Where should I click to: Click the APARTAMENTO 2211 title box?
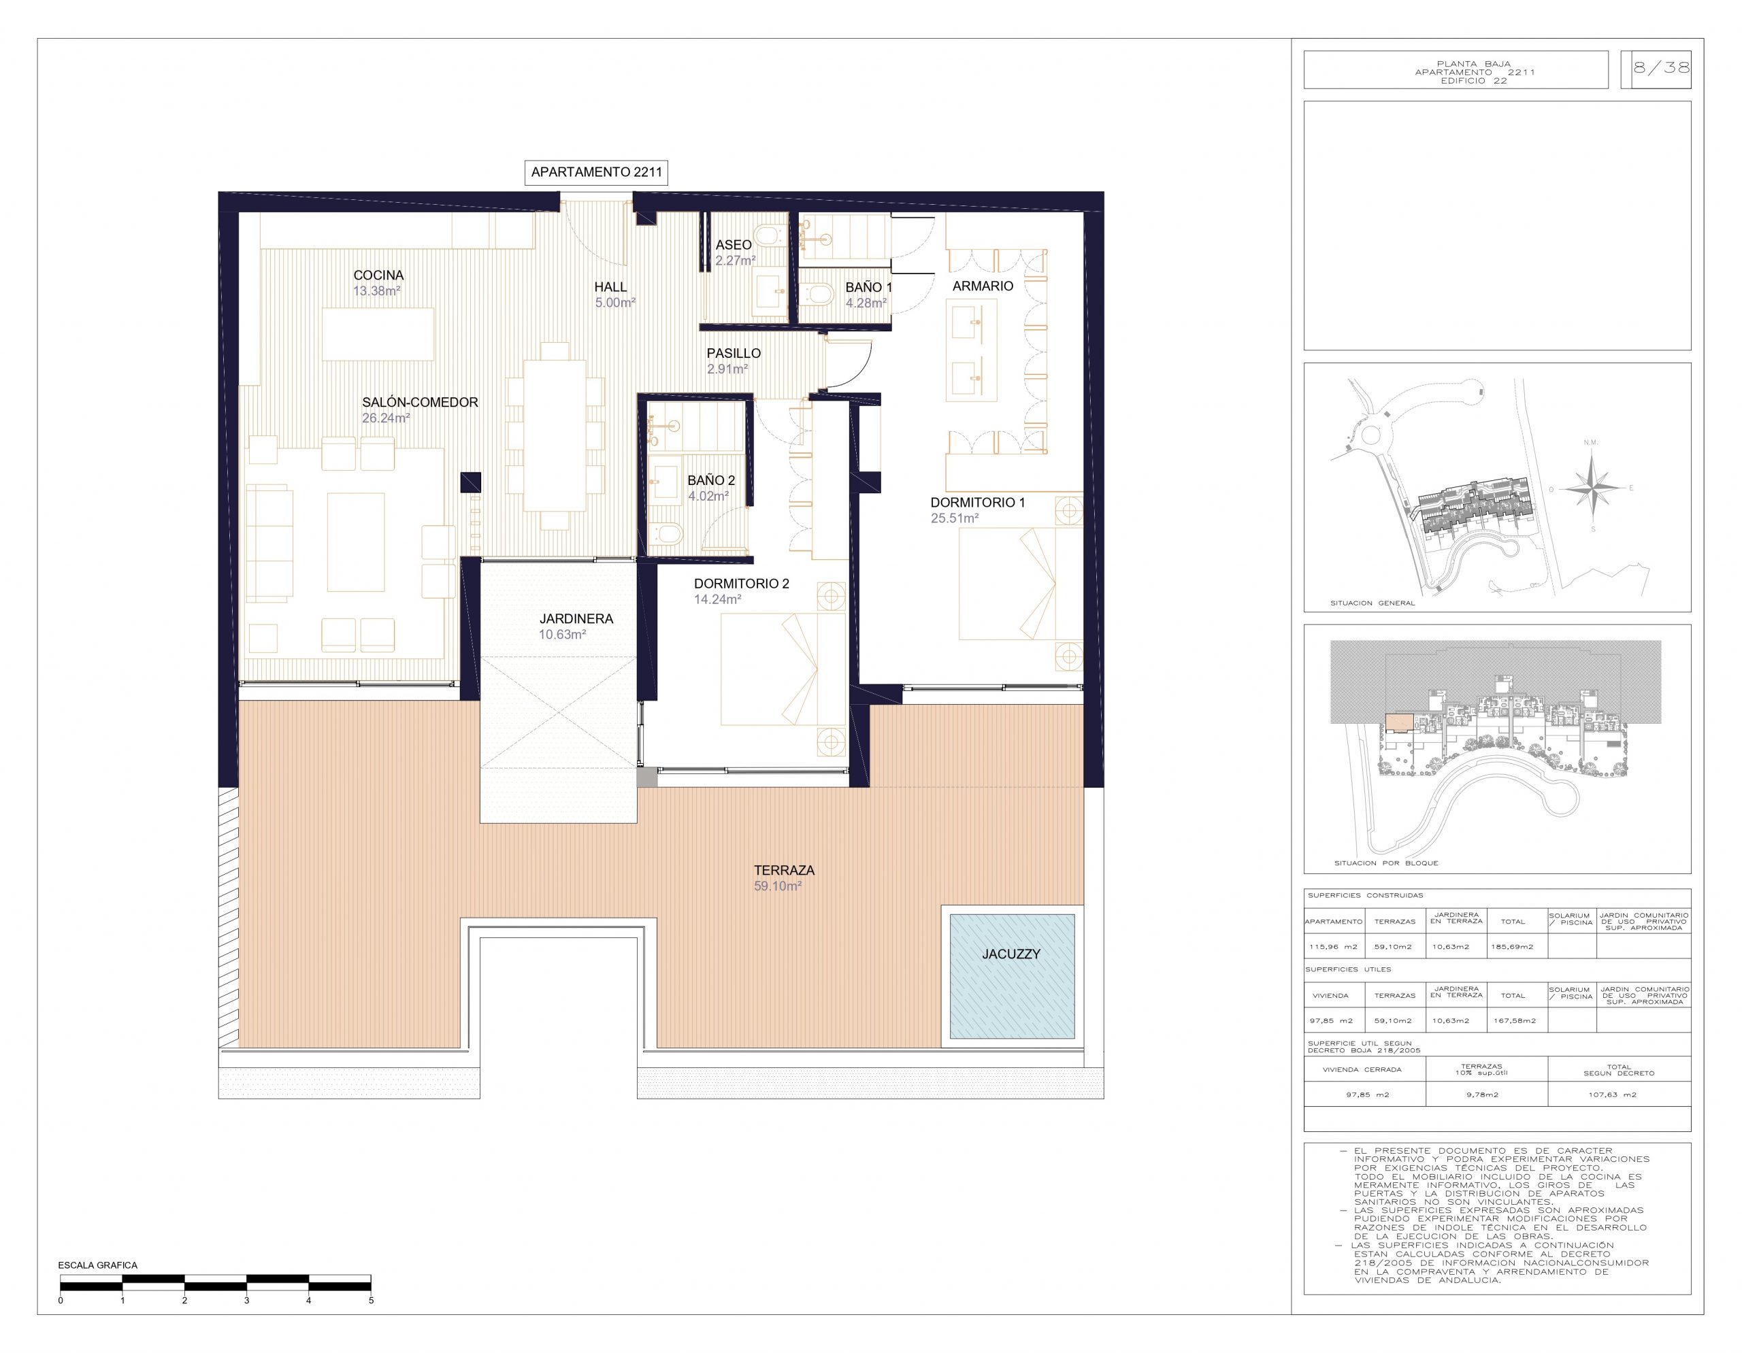pyautogui.click(x=596, y=172)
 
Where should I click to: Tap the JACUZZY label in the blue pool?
pyautogui.click(x=1010, y=954)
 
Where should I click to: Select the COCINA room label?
pyautogui.click(x=378, y=275)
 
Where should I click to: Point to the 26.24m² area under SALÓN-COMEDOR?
pyautogui.click(x=386, y=418)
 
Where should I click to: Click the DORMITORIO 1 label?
pyautogui.click(x=977, y=502)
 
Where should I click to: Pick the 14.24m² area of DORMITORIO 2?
pyautogui.click(x=718, y=599)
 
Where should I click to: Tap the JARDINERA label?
pyautogui.click(x=576, y=619)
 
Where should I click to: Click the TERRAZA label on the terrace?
pyautogui.click(x=784, y=870)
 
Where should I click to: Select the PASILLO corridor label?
pyautogui.click(x=733, y=353)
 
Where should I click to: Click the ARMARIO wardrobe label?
pyautogui.click(x=983, y=286)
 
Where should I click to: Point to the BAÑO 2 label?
pyautogui.click(x=710, y=480)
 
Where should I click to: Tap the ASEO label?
pyautogui.click(x=733, y=245)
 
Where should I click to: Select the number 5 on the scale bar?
pyautogui.click(x=371, y=1301)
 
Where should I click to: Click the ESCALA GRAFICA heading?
pyautogui.click(x=97, y=1265)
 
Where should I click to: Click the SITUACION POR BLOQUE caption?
pyautogui.click(x=1386, y=863)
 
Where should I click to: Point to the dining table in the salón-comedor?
pyautogui.click(x=555, y=435)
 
